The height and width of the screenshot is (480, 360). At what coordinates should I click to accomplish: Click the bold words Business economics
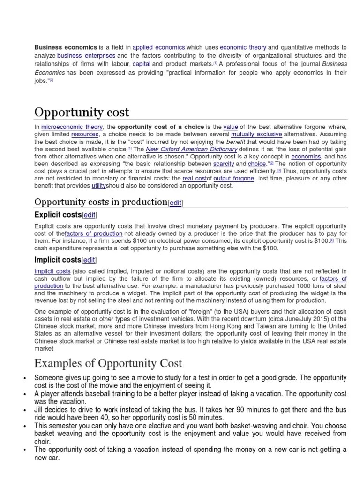[x=66, y=47]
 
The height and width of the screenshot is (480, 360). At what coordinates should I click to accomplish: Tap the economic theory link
[x=243, y=47]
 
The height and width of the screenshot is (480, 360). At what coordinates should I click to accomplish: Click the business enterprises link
[x=86, y=55]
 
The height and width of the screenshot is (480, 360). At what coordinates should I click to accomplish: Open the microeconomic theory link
[x=72, y=127]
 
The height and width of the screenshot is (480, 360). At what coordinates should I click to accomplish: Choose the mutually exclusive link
[x=256, y=134]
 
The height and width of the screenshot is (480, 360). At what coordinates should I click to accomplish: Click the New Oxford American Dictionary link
[x=191, y=149]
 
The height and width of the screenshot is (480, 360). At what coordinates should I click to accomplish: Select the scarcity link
[x=224, y=164]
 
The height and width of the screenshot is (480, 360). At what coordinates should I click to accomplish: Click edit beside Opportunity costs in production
[x=176, y=202]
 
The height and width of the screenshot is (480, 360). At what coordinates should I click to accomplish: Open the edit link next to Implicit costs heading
[x=89, y=260]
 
